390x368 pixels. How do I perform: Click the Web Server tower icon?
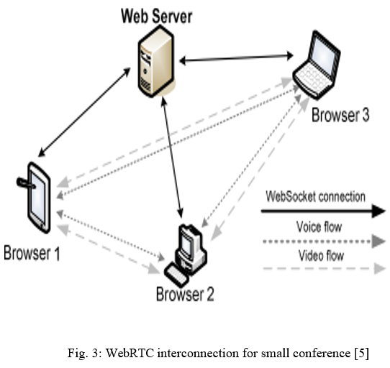click(156, 62)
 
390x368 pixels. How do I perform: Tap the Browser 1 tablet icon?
click(36, 198)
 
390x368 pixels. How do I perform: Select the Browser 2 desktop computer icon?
click(186, 255)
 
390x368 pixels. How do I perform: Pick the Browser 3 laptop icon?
click(317, 65)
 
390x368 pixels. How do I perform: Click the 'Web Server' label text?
click(156, 16)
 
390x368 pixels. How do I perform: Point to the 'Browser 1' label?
click(32, 253)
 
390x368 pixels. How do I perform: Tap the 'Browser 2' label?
click(185, 294)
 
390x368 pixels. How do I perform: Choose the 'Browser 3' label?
click(340, 115)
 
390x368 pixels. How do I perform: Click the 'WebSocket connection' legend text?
click(315, 196)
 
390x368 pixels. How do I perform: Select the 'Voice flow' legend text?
click(319, 226)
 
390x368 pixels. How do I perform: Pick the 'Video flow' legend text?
click(321, 255)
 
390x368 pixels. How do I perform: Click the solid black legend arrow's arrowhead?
click(378, 211)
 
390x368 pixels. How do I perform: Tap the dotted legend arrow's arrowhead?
click(378, 241)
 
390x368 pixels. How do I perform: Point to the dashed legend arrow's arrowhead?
click(379, 268)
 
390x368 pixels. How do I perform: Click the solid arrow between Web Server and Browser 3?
click(236, 58)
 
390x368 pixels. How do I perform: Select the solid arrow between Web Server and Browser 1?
click(84, 112)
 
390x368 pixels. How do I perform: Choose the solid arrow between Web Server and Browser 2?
click(172, 157)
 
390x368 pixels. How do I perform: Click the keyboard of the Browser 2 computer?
click(177, 275)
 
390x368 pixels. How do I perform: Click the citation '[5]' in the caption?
click(362, 353)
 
